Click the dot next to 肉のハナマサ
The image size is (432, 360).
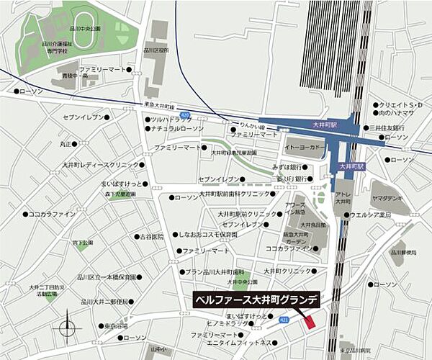(x=376, y=114)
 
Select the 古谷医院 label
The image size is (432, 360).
(x=152, y=236)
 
